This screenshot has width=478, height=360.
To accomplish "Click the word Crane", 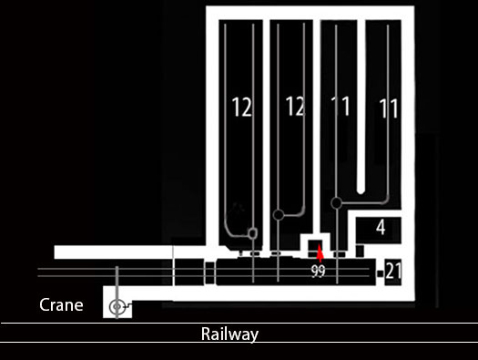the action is coord(61,304).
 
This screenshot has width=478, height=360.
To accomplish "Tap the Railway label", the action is coord(229,334).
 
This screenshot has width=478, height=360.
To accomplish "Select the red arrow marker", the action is coord(320,253).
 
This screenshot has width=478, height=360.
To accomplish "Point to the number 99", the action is coord(319,271).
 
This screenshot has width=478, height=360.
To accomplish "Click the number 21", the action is coord(393,271).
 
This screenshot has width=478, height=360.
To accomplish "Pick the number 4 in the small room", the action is coord(381,227).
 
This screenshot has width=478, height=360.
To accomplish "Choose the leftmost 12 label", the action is coord(242,107).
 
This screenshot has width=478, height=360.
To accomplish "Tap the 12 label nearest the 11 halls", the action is coord(295,106).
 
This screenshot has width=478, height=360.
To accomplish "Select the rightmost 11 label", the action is coord(389,108).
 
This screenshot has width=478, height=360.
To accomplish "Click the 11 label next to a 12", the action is coord(341,106).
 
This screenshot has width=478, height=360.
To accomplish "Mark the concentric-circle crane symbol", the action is coord(117,306).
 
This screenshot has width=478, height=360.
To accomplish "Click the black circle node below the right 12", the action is coord(278,215).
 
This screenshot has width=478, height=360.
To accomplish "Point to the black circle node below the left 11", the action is coord(336,203).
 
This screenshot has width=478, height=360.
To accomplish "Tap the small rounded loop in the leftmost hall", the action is coord(253,233).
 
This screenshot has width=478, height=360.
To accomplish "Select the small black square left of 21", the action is coord(380,273).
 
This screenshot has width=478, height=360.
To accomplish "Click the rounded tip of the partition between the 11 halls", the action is coord(361,192).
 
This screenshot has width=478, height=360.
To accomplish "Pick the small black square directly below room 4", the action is coord(360,251).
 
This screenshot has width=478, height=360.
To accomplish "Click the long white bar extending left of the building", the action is coord(114,252).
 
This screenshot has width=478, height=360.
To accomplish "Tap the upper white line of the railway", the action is coord(239,323).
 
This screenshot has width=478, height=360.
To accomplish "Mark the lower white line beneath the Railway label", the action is coord(239,343).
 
